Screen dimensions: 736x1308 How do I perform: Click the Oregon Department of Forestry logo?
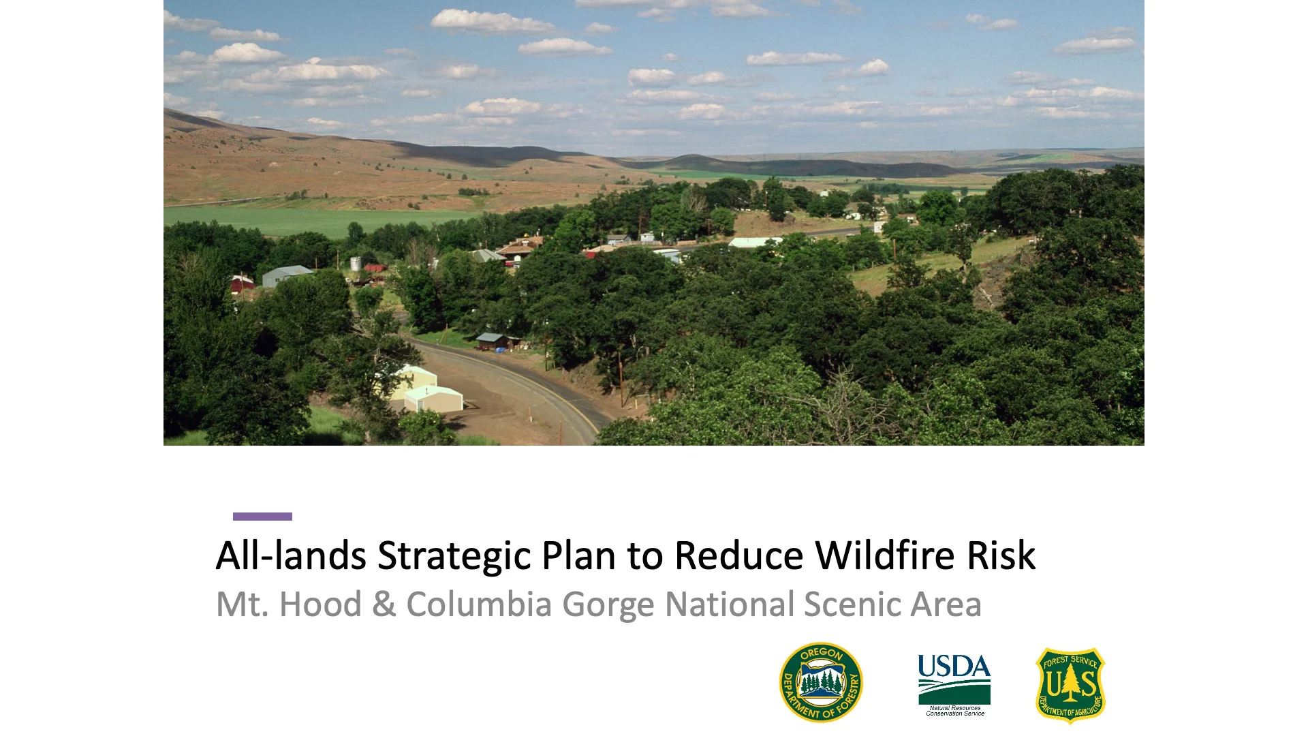coord(821,682)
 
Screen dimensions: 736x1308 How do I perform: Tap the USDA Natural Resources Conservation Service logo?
coord(954,684)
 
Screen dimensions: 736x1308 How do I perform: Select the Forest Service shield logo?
coord(1070,685)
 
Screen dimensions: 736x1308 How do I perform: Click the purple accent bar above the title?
coord(262,517)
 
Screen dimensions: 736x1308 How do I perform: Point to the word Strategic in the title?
coord(454,555)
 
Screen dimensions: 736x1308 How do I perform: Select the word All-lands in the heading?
coord(291,555)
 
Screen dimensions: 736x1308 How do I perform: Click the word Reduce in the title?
coord(739,555)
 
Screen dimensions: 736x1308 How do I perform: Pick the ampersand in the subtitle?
coord(384,604)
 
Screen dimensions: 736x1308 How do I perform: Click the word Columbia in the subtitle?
coord(478,604)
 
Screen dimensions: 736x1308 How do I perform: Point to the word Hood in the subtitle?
coord(320,604)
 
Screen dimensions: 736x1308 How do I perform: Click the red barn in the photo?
coord(241,283)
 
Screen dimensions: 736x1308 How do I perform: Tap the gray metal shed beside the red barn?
coord(285,275)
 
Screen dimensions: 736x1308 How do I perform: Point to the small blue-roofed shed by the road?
coord(491,340)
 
